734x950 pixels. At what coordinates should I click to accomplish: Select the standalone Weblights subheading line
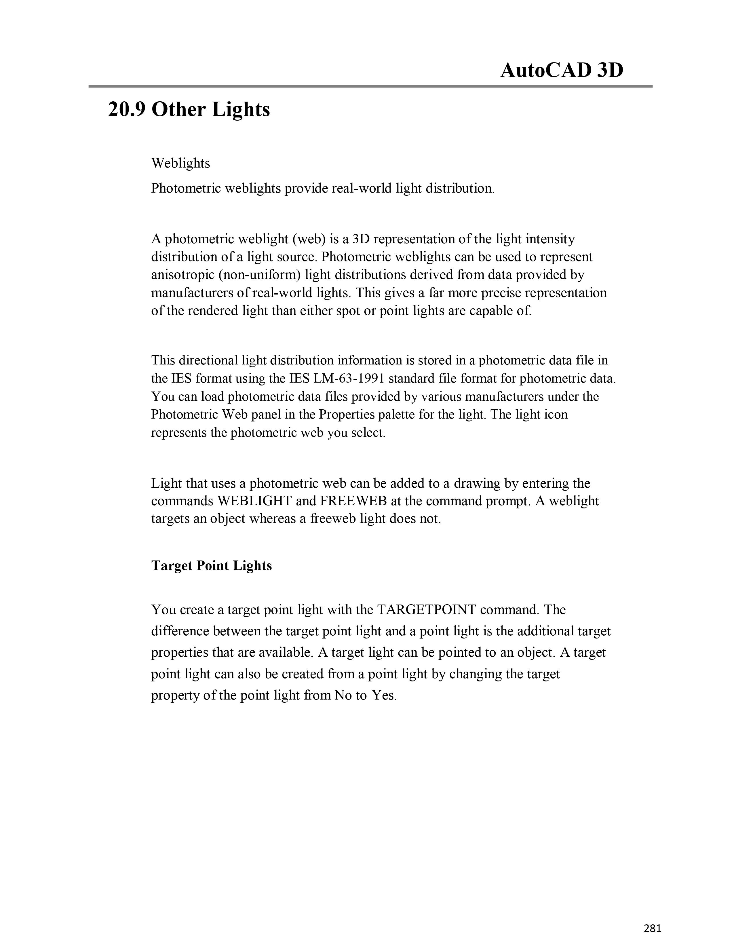[180, 163]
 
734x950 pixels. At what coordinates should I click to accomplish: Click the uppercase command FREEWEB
[353, 501]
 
